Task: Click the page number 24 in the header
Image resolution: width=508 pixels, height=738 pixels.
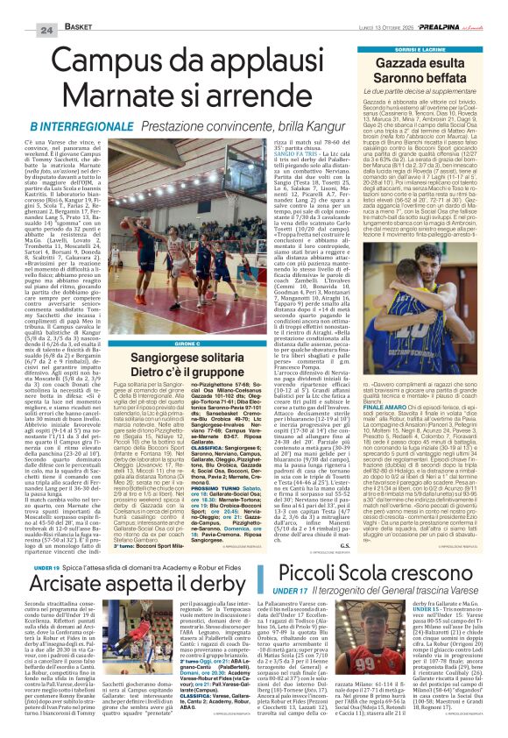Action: click(x=46, y=8)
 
